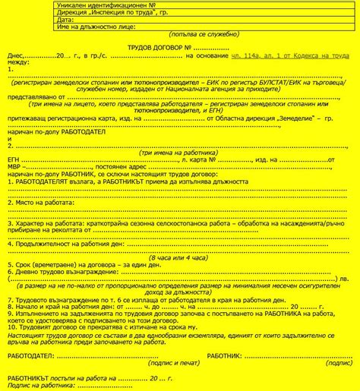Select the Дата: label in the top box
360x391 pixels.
click(65, 19)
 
